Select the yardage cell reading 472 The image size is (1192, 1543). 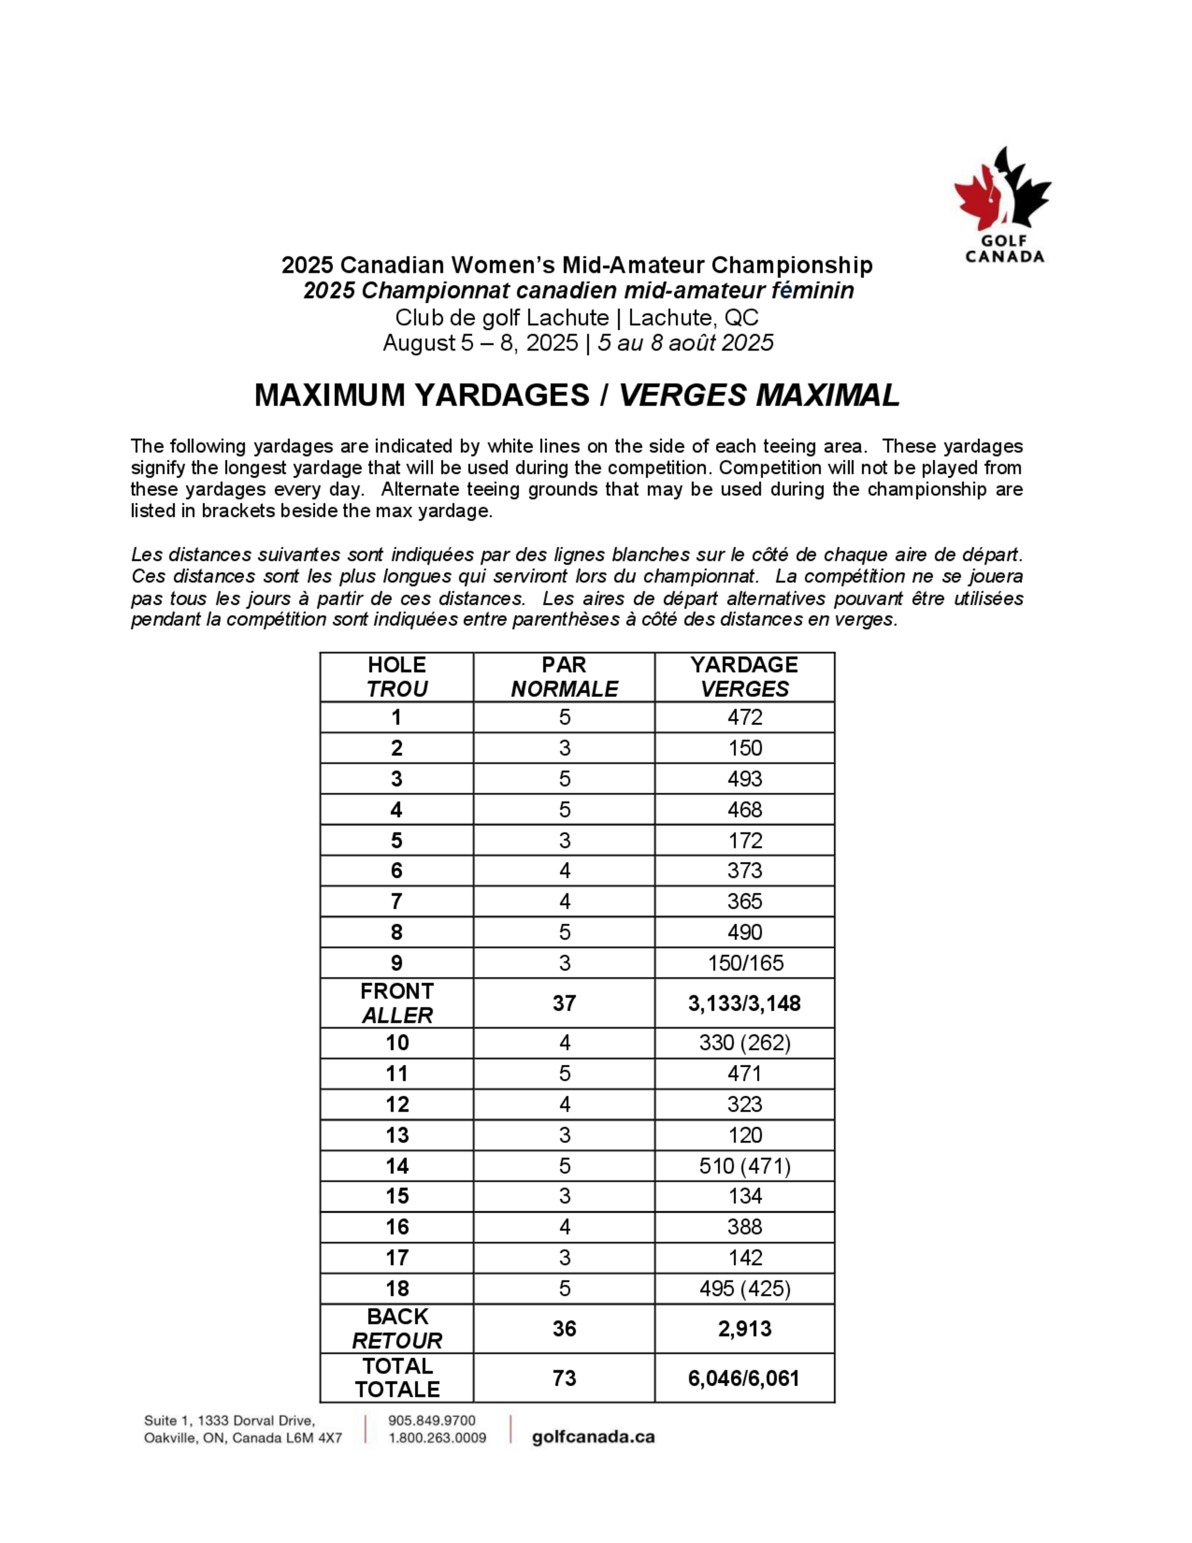click(744, 717)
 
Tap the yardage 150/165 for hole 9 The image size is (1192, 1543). click(745, 963)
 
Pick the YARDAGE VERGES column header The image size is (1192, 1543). click(744, 677)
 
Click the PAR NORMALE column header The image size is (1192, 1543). click(564, 677)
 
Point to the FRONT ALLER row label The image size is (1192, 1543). click(397, 1003)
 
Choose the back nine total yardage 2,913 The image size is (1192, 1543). click(744, 1329)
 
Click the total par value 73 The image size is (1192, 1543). click(564, 1378)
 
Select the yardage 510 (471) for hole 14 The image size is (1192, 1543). click(744, 1166)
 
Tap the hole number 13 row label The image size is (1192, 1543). click(397, 1135)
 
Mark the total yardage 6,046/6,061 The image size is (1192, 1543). click(744, 1378)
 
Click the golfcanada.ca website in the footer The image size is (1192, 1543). click(593, 1437)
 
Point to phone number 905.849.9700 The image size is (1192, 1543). click(432, 1421)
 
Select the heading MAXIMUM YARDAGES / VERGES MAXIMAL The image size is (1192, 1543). click(577, 395)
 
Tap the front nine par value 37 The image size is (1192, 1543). click(564, 1003)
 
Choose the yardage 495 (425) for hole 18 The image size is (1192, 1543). click(744, 1288)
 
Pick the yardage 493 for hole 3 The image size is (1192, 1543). click(744, 779)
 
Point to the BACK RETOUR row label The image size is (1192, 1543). click(397, 1329)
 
